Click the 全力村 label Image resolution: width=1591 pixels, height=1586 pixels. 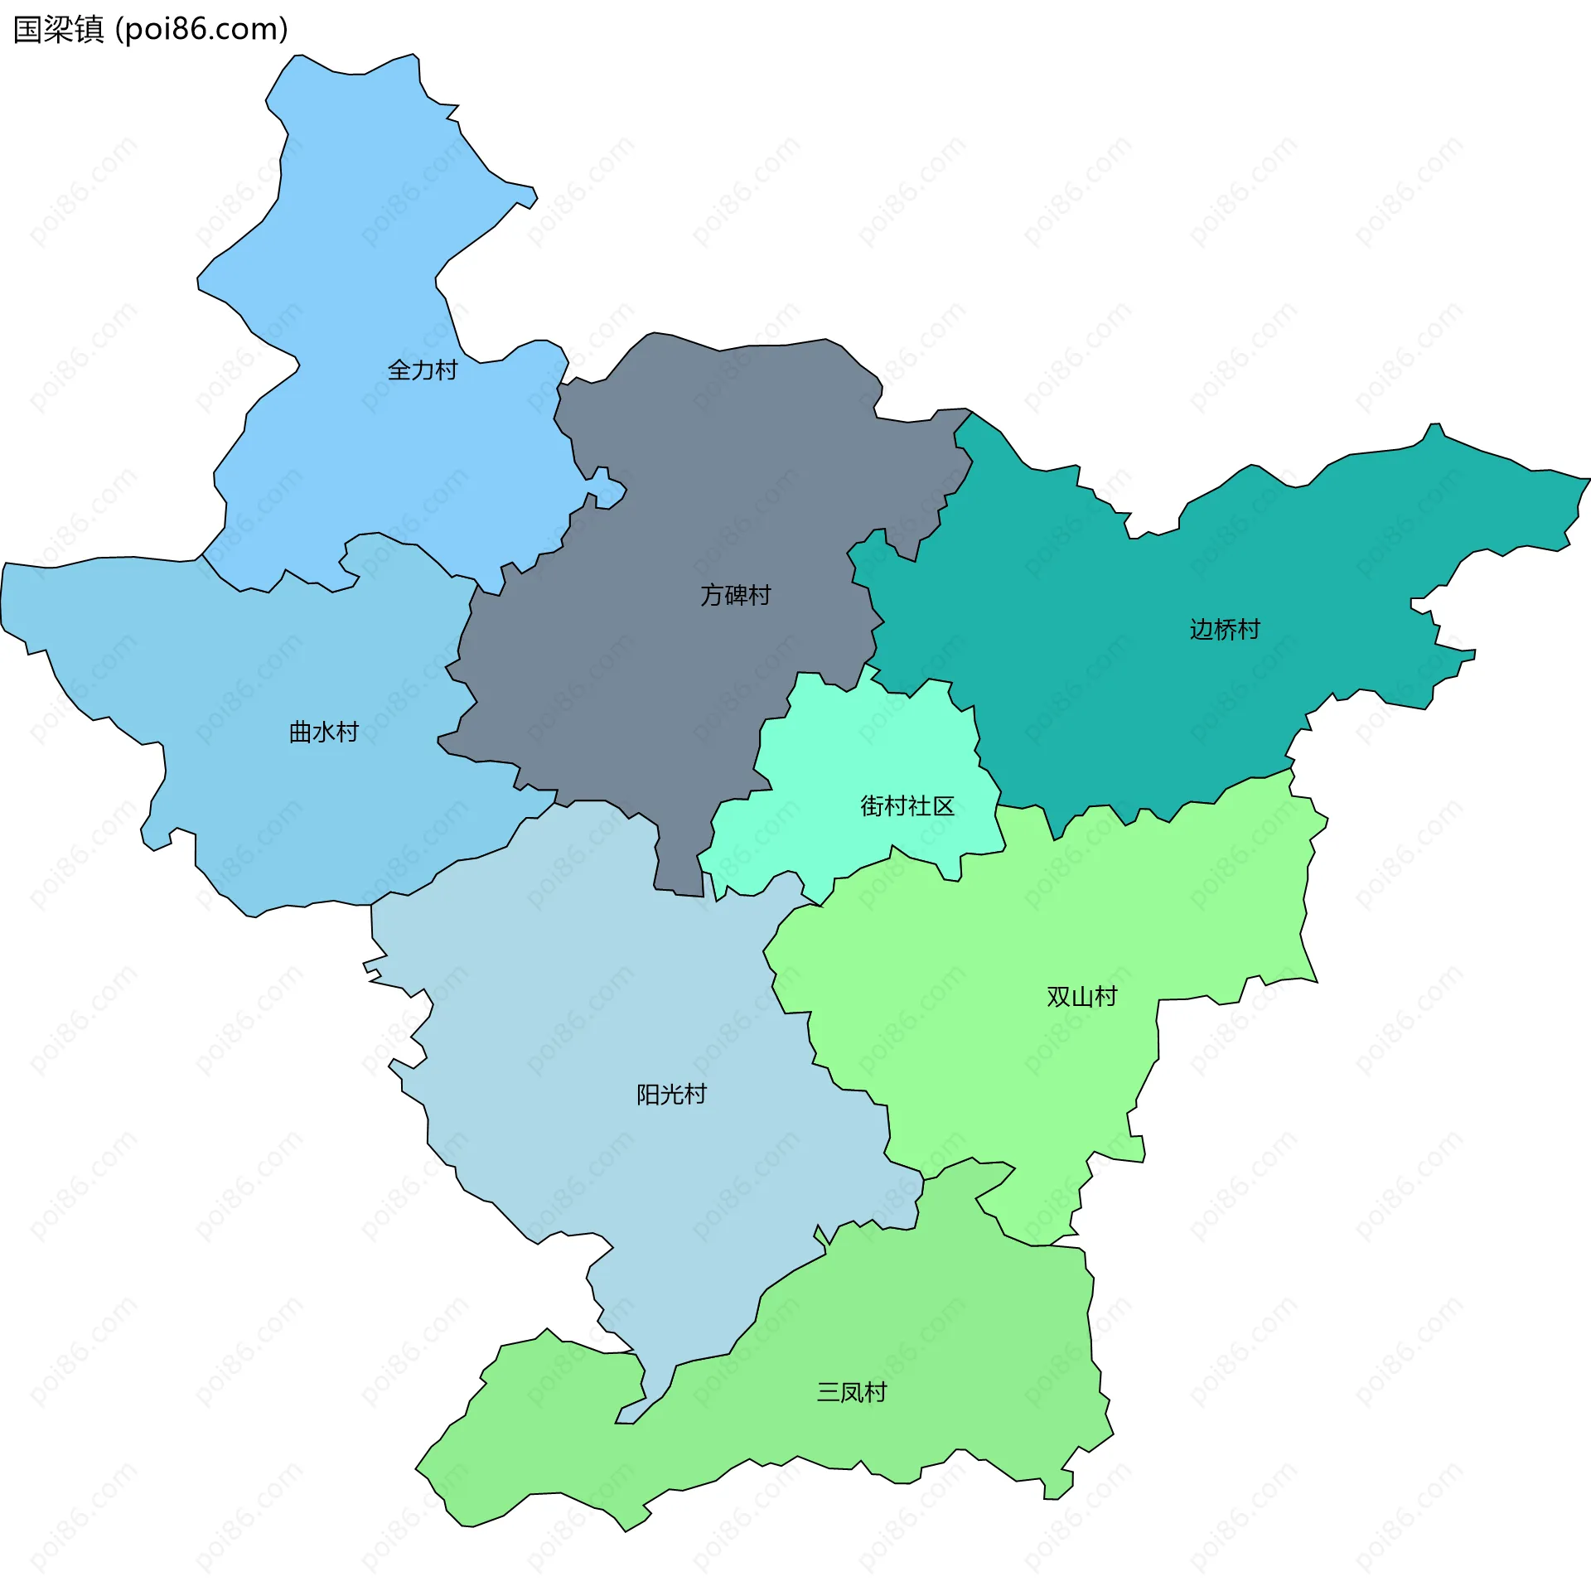point(423,370)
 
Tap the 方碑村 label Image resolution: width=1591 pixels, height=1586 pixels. point(736,595)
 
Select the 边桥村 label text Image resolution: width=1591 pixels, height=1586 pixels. point(1225,630)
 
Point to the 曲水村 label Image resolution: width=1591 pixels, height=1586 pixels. point(323,733)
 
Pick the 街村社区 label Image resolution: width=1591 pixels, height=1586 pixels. point(907,805)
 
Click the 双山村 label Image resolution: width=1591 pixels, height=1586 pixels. point(1082,996)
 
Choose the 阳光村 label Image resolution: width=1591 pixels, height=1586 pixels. point(671,1095)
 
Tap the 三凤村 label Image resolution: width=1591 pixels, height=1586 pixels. point(852,1392)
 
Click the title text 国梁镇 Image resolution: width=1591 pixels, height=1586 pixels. point(59,30)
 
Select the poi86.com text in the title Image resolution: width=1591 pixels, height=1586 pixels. point(201,30)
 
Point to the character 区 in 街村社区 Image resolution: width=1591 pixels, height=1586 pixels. point(944,805)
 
